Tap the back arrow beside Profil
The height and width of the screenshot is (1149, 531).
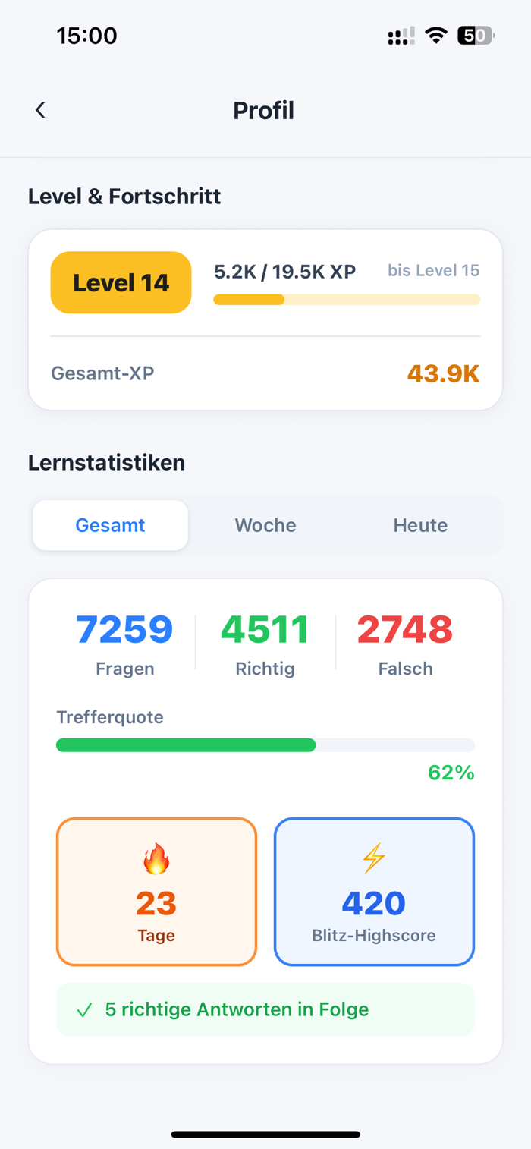pos(40,110)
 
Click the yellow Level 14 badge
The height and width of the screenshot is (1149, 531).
pos(121,282)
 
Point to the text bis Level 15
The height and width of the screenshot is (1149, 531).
pos(433,271)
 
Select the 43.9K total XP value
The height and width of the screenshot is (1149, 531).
pos(443,373)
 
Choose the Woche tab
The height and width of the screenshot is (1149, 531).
pos(265,525)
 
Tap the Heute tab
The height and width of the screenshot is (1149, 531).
pos(420,525)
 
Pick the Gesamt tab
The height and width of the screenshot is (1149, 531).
pos(110,525)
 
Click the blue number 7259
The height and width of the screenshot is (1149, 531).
pos(124,630)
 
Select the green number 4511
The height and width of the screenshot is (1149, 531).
pos(265,630)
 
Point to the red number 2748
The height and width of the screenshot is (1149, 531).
pos(405,630)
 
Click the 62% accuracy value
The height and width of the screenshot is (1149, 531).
pos(451,773)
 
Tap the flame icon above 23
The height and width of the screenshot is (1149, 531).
pos(156,859)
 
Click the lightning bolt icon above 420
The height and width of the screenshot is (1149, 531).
pos(373,859)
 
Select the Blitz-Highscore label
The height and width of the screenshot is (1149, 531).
pos(373,936)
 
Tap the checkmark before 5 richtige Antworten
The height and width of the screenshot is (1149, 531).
pos(84,1010)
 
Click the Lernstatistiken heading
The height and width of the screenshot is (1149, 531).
pos(106,462)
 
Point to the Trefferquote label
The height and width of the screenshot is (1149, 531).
pos(110,717)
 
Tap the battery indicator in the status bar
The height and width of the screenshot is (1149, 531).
pos(476,36)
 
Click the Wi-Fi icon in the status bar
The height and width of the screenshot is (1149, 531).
pos(436,36)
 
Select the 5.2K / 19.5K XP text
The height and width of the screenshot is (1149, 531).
pos(284,271)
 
